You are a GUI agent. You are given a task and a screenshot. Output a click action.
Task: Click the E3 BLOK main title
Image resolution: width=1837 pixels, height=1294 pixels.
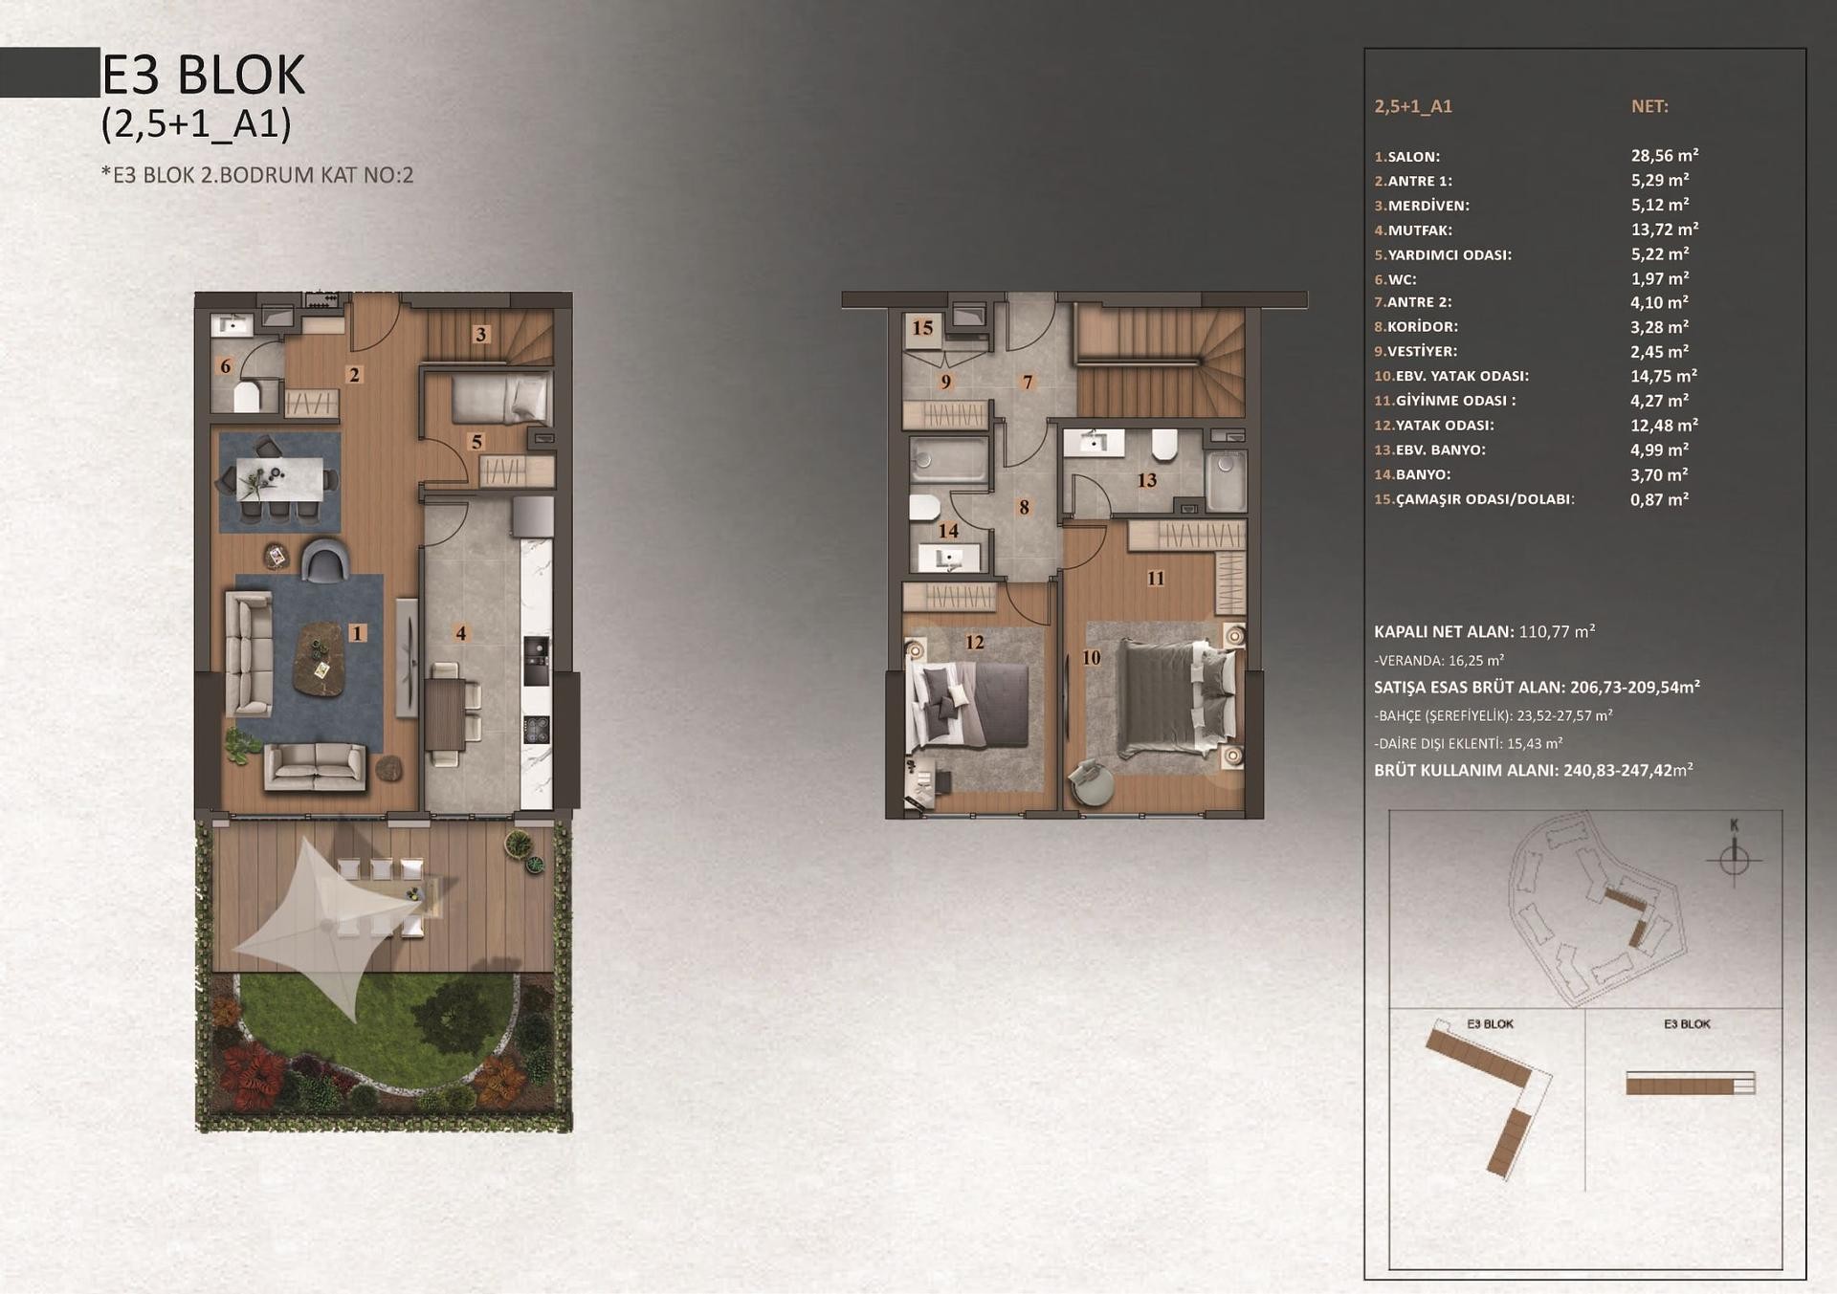point(203,75)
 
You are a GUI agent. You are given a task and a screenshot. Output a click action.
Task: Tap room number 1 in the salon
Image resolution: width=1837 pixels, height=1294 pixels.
point(357,632)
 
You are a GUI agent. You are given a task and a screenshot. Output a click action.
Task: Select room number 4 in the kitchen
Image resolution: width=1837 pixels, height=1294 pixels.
point(461,633)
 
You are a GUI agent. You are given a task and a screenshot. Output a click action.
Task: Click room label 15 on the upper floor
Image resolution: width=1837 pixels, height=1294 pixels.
point(922,328)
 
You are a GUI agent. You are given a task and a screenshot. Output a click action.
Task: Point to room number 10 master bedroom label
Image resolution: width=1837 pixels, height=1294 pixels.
point(1091,657)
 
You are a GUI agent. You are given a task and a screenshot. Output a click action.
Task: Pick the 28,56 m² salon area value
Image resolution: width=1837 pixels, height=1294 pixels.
point(1665,155)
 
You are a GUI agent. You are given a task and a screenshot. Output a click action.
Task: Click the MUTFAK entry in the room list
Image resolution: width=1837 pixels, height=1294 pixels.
point(1413,230)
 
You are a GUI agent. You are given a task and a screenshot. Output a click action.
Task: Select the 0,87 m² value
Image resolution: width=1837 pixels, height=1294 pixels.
point(1659,499)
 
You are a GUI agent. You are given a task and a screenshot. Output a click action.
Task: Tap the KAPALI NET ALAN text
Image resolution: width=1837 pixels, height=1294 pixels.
point(1444,632)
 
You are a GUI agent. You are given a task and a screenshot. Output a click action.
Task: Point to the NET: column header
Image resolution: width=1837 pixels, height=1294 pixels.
point(1649,106)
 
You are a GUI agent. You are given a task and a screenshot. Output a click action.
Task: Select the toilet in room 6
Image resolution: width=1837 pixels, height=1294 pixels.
point(248,395)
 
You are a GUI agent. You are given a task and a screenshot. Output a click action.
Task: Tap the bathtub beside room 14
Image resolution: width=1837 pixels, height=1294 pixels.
point(947,461)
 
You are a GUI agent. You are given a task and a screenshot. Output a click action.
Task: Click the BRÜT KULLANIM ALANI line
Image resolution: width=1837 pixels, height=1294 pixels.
point(1534,771)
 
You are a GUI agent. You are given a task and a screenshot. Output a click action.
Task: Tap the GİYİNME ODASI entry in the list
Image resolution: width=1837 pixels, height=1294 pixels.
point(1445,401)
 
